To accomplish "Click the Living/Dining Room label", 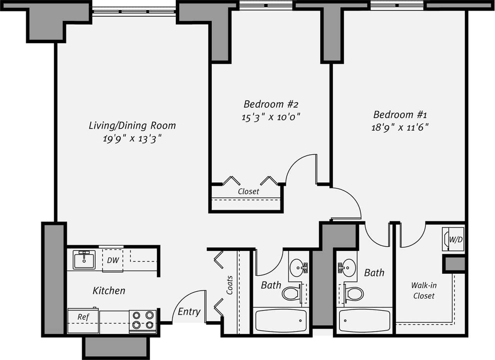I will pos(132,125).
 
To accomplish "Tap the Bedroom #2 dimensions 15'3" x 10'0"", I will pos(271,117).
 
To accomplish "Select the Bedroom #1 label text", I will pos(400,115).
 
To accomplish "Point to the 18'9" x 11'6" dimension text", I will pos(400,127).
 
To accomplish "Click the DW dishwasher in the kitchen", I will pos(113,261).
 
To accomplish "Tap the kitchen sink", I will pos(84,260).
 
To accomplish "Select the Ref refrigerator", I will pos(83,321).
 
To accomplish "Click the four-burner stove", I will pos(143,321).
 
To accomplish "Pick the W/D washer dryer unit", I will pos(453,239).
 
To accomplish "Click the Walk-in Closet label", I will pos(424,291).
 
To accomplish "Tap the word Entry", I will pos(189,312).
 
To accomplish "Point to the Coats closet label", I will pos(230,285).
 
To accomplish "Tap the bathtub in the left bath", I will pos(281,321).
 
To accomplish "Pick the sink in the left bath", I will pos(298,267).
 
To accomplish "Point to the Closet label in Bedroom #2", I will pos(248,192).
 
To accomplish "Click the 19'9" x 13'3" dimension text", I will pos(132,139).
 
